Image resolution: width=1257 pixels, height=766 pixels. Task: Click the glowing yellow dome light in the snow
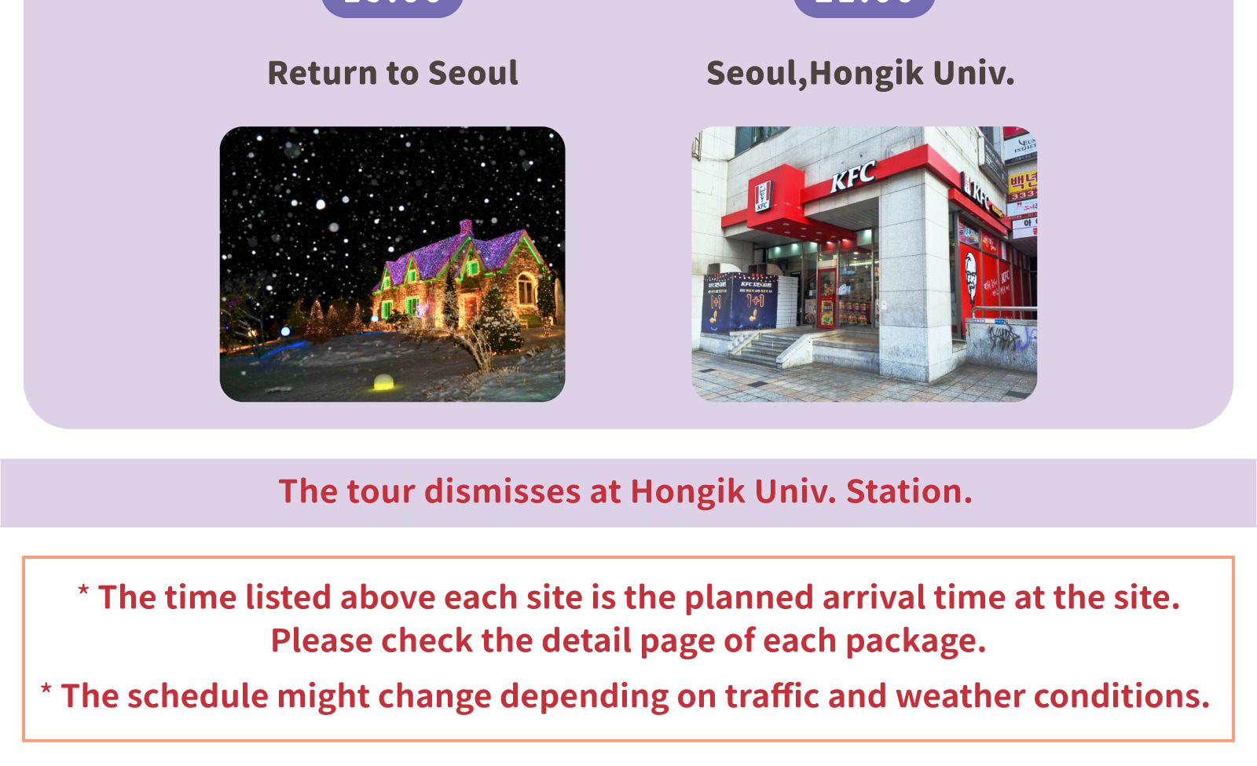pyautogui.click(x=383, y=382)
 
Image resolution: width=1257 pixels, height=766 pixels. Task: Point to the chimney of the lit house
pyautogui.click(x=466, y=228)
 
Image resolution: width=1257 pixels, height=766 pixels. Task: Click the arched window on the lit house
pyautogui.click(x=526, y=288)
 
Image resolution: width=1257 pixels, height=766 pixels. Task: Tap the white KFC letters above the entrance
pyautogui.click(x=852, y=177)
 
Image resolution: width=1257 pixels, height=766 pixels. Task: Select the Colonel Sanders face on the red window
pyautogui.click(x=971, y=279)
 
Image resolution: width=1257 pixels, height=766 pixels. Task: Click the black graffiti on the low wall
pyautogui.click(x=1010, y=338)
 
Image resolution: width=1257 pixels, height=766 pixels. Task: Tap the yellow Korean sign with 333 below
pyautogui.click(x=1022, y=185)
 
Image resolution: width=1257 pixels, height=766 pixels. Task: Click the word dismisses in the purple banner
pyautogui.click(x=502, y=492)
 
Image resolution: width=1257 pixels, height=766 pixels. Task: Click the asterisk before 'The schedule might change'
pyautogui.click(x=46, y=691)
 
